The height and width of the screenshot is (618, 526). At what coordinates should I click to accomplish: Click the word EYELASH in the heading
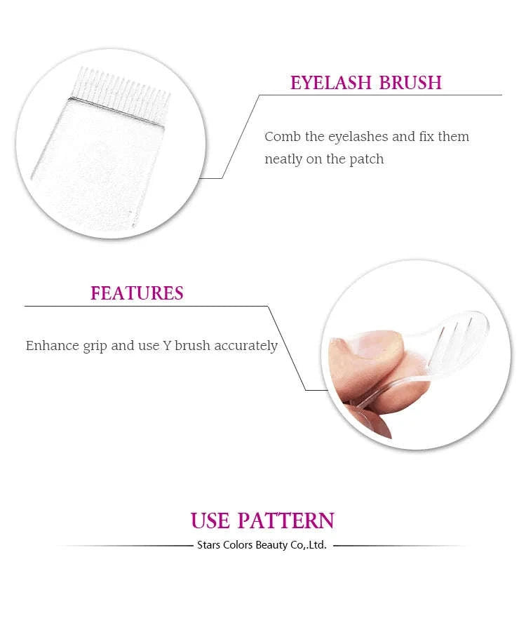(331, 82)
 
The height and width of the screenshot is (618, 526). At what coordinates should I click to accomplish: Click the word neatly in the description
(283, 159)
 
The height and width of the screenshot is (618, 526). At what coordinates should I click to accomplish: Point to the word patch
(366, 159)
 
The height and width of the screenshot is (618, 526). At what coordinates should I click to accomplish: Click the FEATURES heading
(137, 293)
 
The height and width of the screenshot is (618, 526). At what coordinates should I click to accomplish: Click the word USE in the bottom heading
(210, 521)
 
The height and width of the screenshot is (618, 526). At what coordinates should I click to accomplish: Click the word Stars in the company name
(208, 545)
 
